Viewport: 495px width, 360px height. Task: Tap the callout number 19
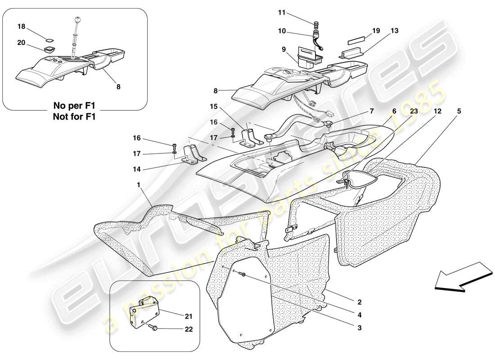coord(376,31)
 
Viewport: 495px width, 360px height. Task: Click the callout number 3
coord(359,328)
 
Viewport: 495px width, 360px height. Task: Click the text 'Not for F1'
coord(75,117)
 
